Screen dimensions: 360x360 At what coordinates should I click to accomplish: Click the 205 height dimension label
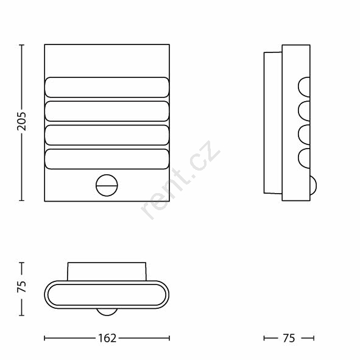pyautogui.click(x=21, y=121)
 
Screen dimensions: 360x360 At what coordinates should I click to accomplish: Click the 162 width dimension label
pyautogui.click(x=107, y=338)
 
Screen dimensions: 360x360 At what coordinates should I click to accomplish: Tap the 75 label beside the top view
pyautogui.click(x=21, y=286)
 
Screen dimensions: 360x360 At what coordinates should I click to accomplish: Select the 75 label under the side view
pyautogui.click(x=289, y=338)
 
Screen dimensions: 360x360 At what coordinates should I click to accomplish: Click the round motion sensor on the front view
pyautogui.click(x=107, y=185)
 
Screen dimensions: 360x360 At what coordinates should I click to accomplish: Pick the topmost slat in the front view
pyautogui.click(x=107, y=87)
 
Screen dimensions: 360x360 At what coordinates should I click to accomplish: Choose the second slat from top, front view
pyautogui.click(x=107, y=111)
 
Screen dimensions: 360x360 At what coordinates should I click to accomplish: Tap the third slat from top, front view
pyautogui.click(x=107, y=135)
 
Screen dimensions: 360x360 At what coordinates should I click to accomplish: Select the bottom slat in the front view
pyautogui.click(x=107, y=159)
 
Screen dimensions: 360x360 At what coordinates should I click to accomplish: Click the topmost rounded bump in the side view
pyautogui.click(x=304, y=87)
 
